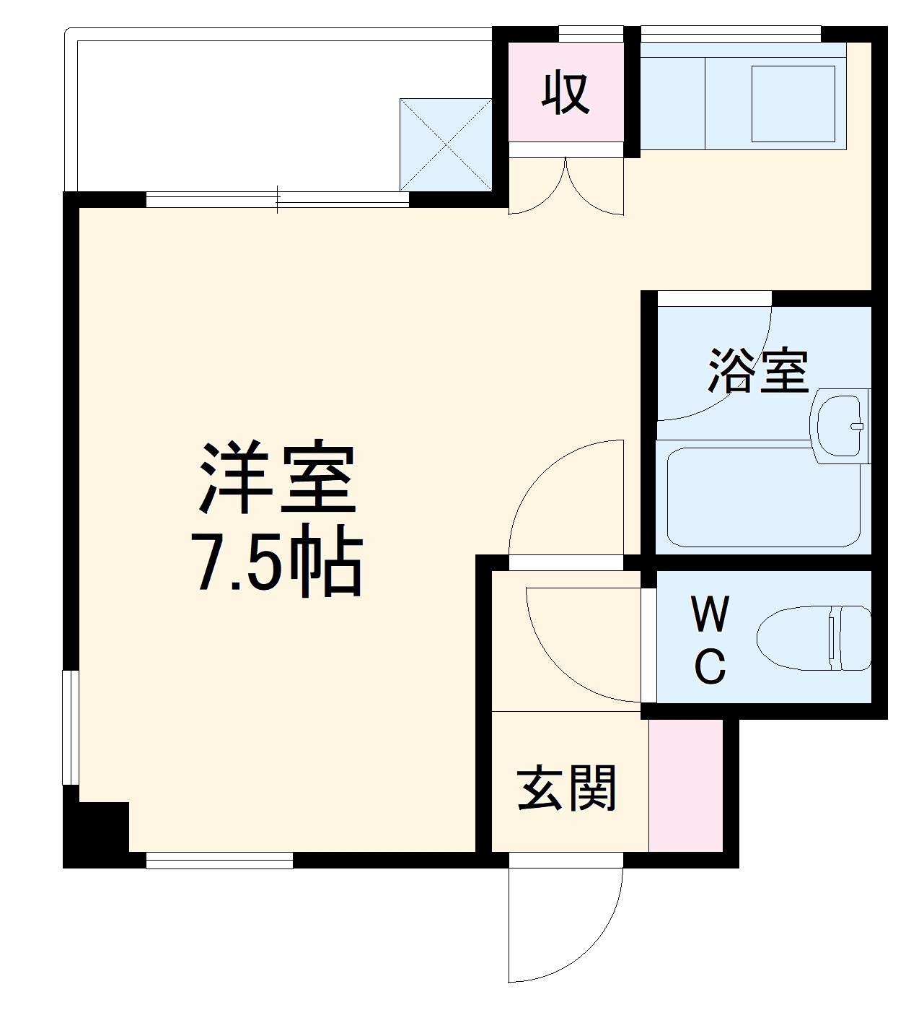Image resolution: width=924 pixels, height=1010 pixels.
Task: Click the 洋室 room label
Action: [278, 478]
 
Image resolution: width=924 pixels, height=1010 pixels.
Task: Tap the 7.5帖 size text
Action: [278, 565]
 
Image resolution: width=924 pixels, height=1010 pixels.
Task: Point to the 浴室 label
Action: [757, 370]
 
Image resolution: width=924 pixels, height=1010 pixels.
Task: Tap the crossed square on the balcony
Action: [446, 144]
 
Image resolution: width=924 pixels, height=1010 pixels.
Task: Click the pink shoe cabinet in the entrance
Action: [685, 785]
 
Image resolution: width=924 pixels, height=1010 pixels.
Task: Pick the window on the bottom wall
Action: [219, 861]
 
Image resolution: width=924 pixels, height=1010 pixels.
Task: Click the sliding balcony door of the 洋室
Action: [278, 199]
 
